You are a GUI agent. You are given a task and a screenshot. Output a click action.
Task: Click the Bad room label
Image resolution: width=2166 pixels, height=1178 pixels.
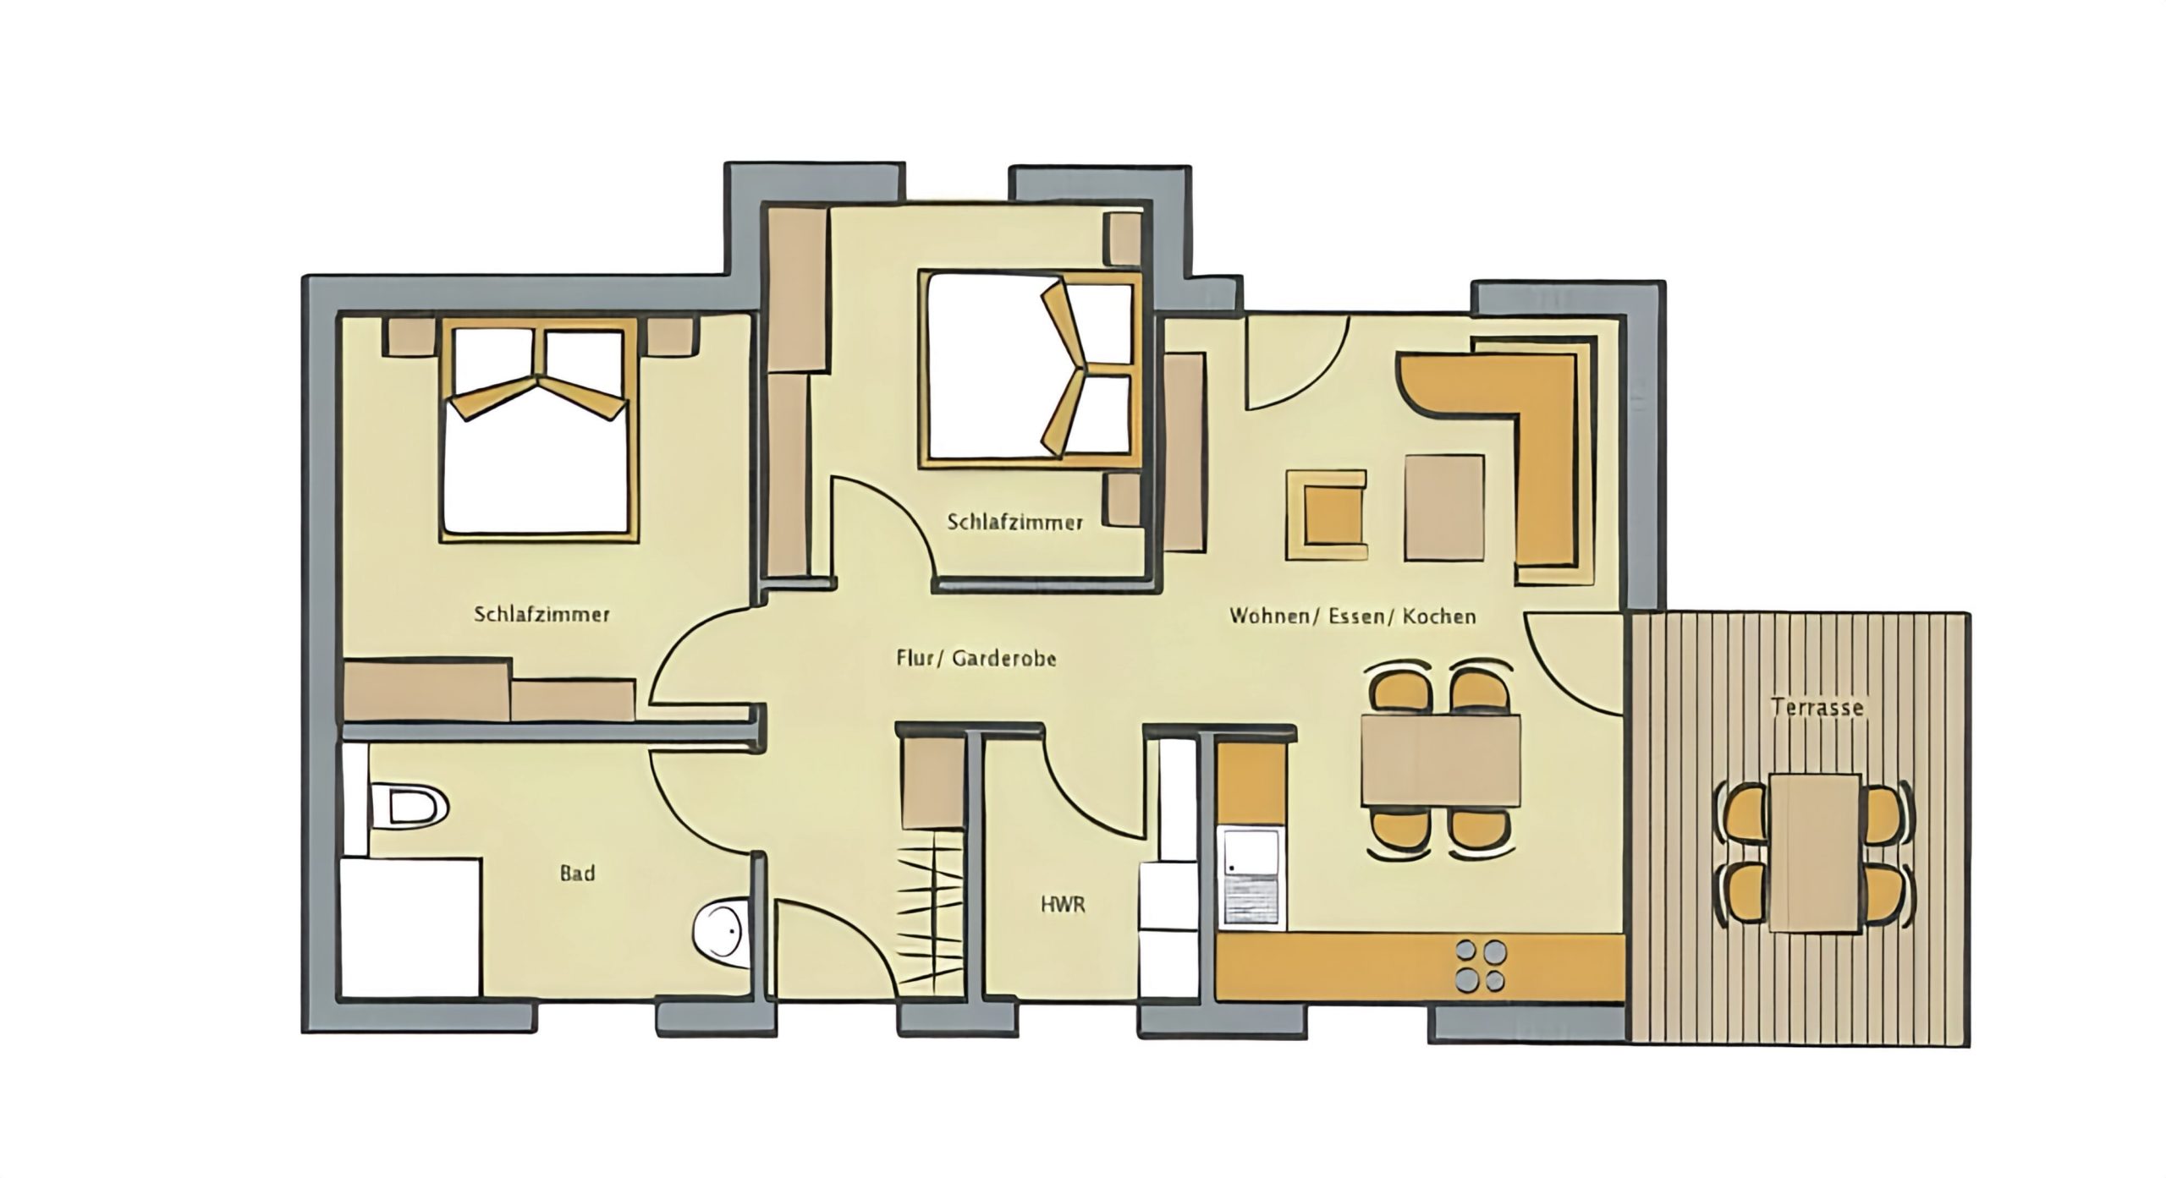(x=577, y=873)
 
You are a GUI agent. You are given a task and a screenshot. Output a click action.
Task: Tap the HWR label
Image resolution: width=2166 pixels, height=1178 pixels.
(x=1063, y=906)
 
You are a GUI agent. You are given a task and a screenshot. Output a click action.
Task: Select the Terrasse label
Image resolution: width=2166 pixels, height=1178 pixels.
(x=1817, y=706)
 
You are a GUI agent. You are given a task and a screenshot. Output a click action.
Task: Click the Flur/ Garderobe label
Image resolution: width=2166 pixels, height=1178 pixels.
(x=976, y=658)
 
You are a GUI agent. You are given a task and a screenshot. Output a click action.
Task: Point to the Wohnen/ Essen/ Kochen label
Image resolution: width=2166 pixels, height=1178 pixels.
(x=1352, y=616)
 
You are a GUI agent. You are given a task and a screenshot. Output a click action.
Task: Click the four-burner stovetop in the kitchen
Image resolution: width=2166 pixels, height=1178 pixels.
(x=1481, y=965)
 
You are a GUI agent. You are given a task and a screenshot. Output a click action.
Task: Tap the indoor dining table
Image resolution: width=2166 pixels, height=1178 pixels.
(x=1440, y=759)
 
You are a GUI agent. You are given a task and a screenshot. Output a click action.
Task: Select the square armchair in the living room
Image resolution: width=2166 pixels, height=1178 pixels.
(x=1327, y=515)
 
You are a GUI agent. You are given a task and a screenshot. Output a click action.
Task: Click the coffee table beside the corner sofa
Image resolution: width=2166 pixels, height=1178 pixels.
(x=1444, y=507)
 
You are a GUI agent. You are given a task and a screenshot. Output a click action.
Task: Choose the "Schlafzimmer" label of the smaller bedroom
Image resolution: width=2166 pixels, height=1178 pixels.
(x=1015, y=522)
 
